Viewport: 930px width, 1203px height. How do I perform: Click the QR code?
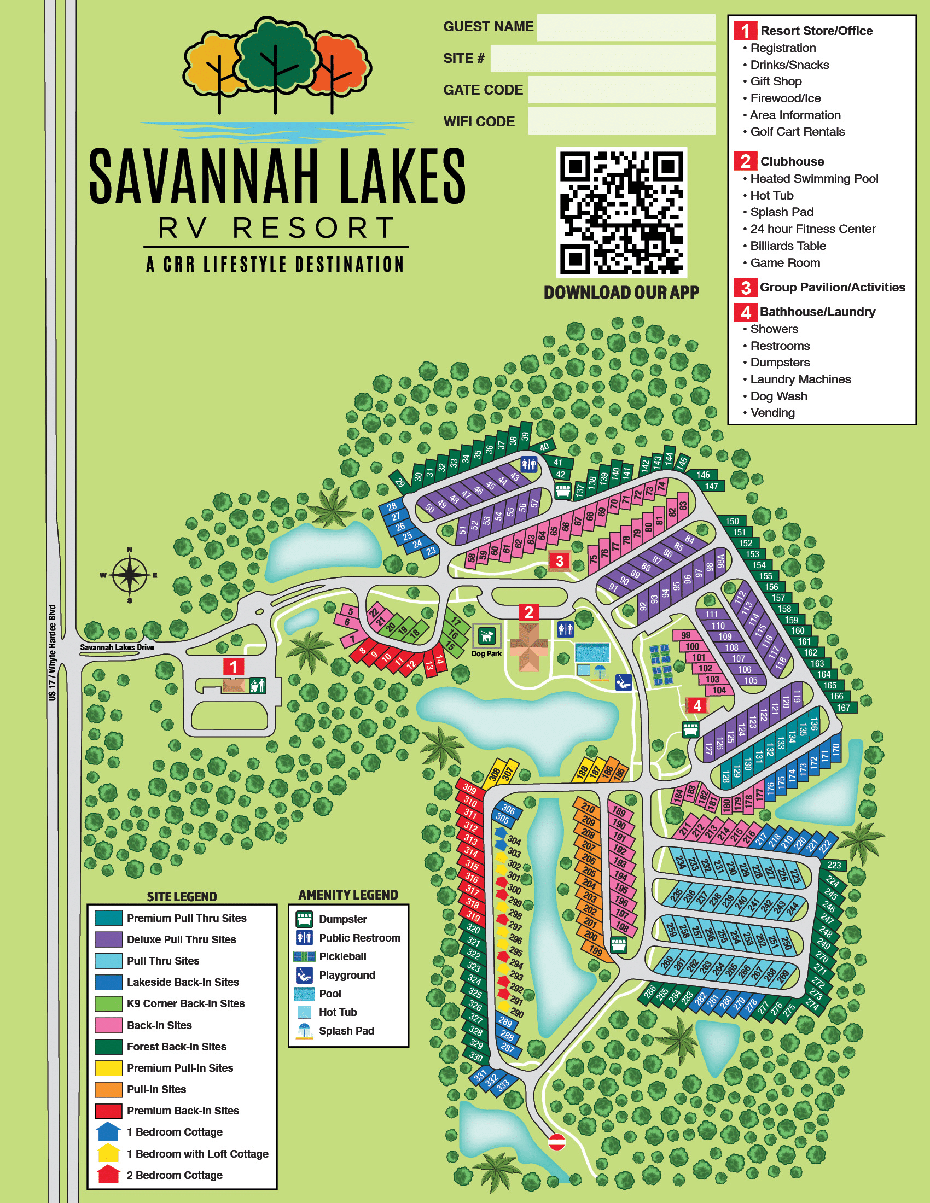pos(621,213)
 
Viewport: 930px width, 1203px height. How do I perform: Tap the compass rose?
pos(130,575)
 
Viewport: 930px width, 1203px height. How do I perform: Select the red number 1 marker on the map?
pos(233,667)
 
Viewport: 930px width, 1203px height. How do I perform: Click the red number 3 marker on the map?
pos(559,560)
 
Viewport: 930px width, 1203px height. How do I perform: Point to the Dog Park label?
pos(486,654)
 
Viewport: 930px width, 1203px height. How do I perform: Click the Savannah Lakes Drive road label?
pos(117,647)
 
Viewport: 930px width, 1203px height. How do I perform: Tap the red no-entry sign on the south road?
pos(556,1141)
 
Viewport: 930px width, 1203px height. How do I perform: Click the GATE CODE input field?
pos(621,90)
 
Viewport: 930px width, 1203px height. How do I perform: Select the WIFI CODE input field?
pos(621,121)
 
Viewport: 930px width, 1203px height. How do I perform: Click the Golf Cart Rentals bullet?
pos(797,132)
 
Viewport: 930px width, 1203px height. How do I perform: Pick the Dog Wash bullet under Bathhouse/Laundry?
pos(778,396)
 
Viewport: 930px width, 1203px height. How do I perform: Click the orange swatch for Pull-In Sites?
pos(108,1089)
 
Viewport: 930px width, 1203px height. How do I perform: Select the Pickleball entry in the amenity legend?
pos(342,956)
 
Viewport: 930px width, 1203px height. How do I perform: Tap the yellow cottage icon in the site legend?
pos(108,1153)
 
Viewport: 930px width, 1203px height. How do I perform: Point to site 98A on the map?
pos(720,562)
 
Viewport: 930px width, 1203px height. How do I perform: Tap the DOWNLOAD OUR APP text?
pos(621,293)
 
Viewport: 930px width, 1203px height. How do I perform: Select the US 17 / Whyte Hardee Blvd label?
pos(53,653)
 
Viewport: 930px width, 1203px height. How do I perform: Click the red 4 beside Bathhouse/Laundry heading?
pos(745,312)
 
